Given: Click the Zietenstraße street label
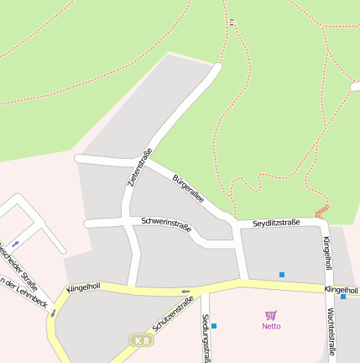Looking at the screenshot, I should coord(138,167).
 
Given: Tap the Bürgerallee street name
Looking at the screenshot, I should coord(188,189).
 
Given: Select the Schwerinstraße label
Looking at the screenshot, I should coord(166,224).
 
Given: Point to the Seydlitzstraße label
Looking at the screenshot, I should coord(276,223).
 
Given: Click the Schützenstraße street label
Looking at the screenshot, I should coord(174,318).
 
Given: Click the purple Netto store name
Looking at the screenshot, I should coord(271,326).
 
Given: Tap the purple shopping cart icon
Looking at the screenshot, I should coord(271,315).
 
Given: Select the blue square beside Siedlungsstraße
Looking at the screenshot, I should coord(214,326).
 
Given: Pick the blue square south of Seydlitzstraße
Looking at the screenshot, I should coord(282,275).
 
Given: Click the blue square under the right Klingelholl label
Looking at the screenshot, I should coord(343,297).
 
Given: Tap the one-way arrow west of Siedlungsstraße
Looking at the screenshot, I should coord(185,292).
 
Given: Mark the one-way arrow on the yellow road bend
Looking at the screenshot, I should coord(52,313).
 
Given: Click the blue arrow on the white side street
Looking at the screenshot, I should coord(15,243).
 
